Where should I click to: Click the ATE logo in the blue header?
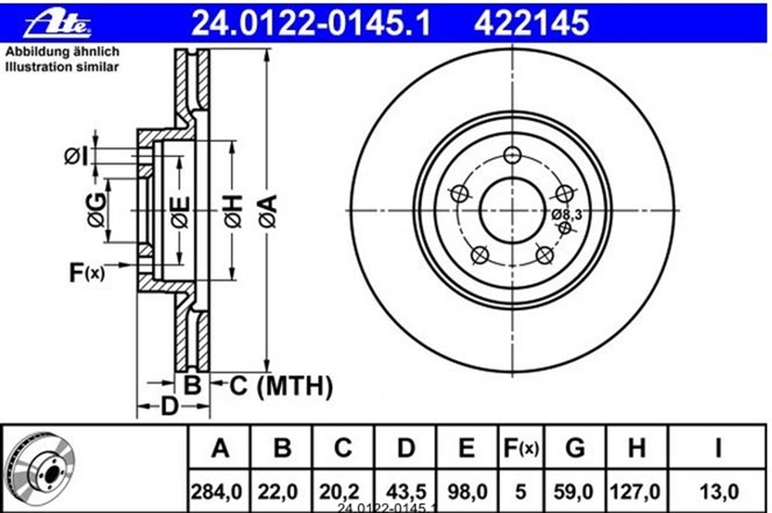pyautogui.click(x=57, y=24)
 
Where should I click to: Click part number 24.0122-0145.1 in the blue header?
pyautogui.click(x=310, y=23)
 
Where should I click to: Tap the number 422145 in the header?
pyautogui.click(x=531, y=23)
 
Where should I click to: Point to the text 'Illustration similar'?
pyautogui.click(x=62, y=67)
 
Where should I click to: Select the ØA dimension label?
pyautogui.click(x=268, y=211)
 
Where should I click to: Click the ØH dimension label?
pyautogui.click(x=233, y=211)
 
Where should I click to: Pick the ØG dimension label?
pyautogui.click(x=96, y=210)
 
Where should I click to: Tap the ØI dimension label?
pyautogui.click(x=76, y=156)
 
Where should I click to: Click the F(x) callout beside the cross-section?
pyautogui.click(x=86, y=272)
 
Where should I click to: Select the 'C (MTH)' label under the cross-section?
pyautogui.click(x=281, y=386)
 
